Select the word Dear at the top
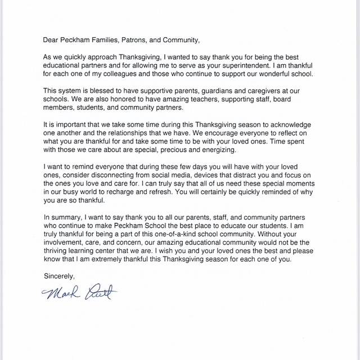pos(52,40)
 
